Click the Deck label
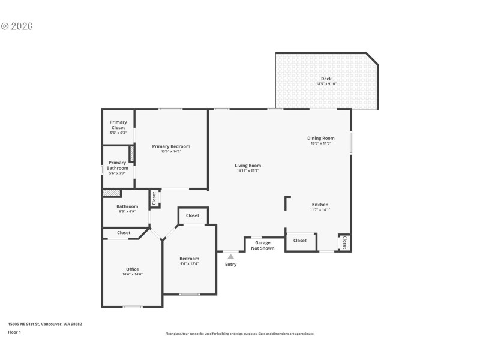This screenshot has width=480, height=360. pyautogui.click(x=326, y=79)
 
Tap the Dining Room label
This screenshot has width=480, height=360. pyautogui.click(x=321, y=138)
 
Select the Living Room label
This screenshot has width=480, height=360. pyautogui.click(x=247, y=166)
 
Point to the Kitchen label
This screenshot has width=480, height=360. pyautogui.click(x=319, y=205)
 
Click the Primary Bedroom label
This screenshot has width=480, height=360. pyautogui.click(x=171, y=146)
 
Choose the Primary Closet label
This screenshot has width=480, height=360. pyautogui.click(x=118, y=125)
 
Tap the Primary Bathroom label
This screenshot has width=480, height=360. pyautogui.click(x=118, y=165)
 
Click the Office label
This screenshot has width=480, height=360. pyautogui.click(x=133, y=269)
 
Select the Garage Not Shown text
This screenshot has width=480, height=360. pyautogui.click(x=263, y=245)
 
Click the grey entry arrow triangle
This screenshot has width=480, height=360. pyautogui.click(x=230, y=257)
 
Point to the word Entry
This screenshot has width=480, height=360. pyautogui.click(x=230, y=264)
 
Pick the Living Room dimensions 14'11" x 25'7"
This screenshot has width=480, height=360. pyautogui.click(x=247, y=171)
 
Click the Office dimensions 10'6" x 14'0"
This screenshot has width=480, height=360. pyautogui.click(x=133, y=274)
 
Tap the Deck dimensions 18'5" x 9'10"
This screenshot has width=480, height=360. pyautogui.click(x=326, y=84)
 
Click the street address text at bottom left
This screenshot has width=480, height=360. pyautogui.click(x=45, y=324)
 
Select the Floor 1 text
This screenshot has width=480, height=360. pyautogui.click(x=14, y=332)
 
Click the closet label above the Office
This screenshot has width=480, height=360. pyautogui.click(x=124, y=233)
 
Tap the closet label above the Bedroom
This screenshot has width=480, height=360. pyautogui.click(x=193, y=215)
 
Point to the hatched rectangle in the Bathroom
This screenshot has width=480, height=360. pyautogui.click(x=112, y=193)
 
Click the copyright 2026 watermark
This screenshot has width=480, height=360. pyautogui.click(x=17, y=26)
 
